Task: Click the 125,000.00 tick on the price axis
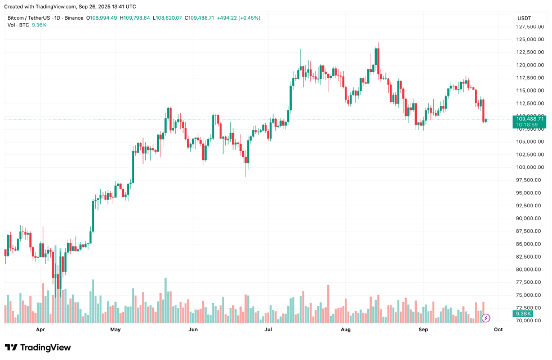click(x=530, y=39)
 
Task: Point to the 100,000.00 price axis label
click(x=530, y=167)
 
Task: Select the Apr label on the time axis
click(x=40, y=329)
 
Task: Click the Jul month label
click(x=268, y=329)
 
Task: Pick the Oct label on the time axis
click(x=498, y=329)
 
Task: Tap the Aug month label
click(x=346, y=329)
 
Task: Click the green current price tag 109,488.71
click(x=529, y=119)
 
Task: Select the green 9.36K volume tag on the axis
click(x=523, y=314)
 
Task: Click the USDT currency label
click(x=524, y=19)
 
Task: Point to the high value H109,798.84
click(x=135, y=18)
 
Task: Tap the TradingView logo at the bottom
click(x=38, y=348)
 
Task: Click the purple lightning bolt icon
click(x=486, y=318)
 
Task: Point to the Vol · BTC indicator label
click(x=19, y=25)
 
